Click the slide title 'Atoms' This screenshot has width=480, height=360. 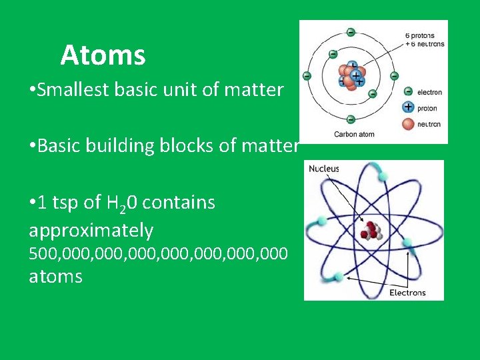(103, 55)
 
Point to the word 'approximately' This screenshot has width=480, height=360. (91, 231)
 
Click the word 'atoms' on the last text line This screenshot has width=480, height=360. (55, 276)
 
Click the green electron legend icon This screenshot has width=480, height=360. (408, 92)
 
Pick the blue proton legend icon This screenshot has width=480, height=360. (408, 107)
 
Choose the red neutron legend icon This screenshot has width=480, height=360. (408, 122)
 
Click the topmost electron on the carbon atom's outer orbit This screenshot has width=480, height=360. (351, 31)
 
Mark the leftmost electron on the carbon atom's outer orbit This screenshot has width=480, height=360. (307, 75)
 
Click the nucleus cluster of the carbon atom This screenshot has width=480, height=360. (351, 75)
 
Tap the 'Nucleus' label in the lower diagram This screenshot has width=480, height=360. (324, 169)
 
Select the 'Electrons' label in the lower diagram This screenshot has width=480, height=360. (407, 293)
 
